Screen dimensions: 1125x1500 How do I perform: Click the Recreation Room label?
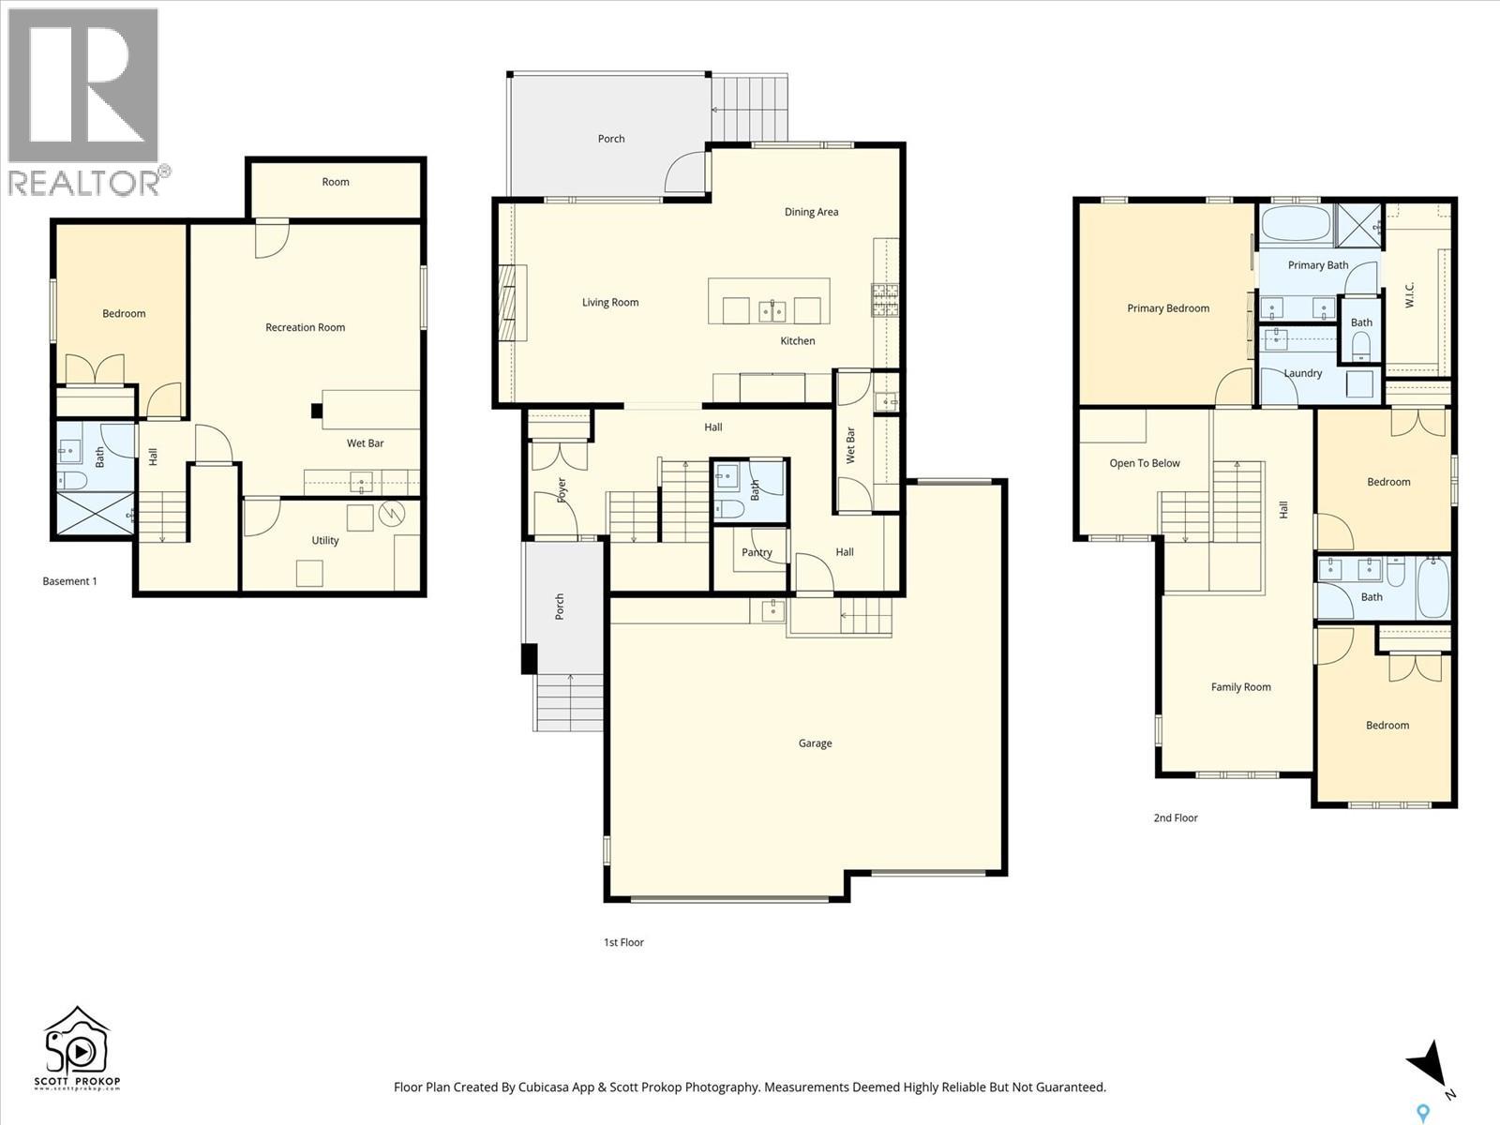click(x=305, y=327)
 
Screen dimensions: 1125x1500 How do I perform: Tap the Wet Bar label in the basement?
click(x=365, y=443)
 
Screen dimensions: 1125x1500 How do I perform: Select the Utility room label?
click(x=325, y=541)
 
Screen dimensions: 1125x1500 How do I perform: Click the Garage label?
click(x=815, y=743)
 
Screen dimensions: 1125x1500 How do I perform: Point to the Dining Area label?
click(x=811, y=212)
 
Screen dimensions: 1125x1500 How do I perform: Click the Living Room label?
click(x=610, y=303)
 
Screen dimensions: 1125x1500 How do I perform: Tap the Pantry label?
click(x=757, y=552)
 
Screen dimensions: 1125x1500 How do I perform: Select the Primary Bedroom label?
click(x=1168, y=308)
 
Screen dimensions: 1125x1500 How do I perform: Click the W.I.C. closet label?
click(x=1410, y=294)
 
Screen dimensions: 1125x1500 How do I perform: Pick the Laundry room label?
click(x=1302, y=373)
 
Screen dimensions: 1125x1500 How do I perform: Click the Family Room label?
click(x=1240, y=687)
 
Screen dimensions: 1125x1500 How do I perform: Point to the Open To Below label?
click(x=1145, y=463)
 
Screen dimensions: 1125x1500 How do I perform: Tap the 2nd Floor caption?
click(x=1176, y=817)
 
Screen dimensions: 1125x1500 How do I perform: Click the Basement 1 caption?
click(x=69, y=581)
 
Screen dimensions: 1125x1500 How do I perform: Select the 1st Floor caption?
click(x=623, y=942)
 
